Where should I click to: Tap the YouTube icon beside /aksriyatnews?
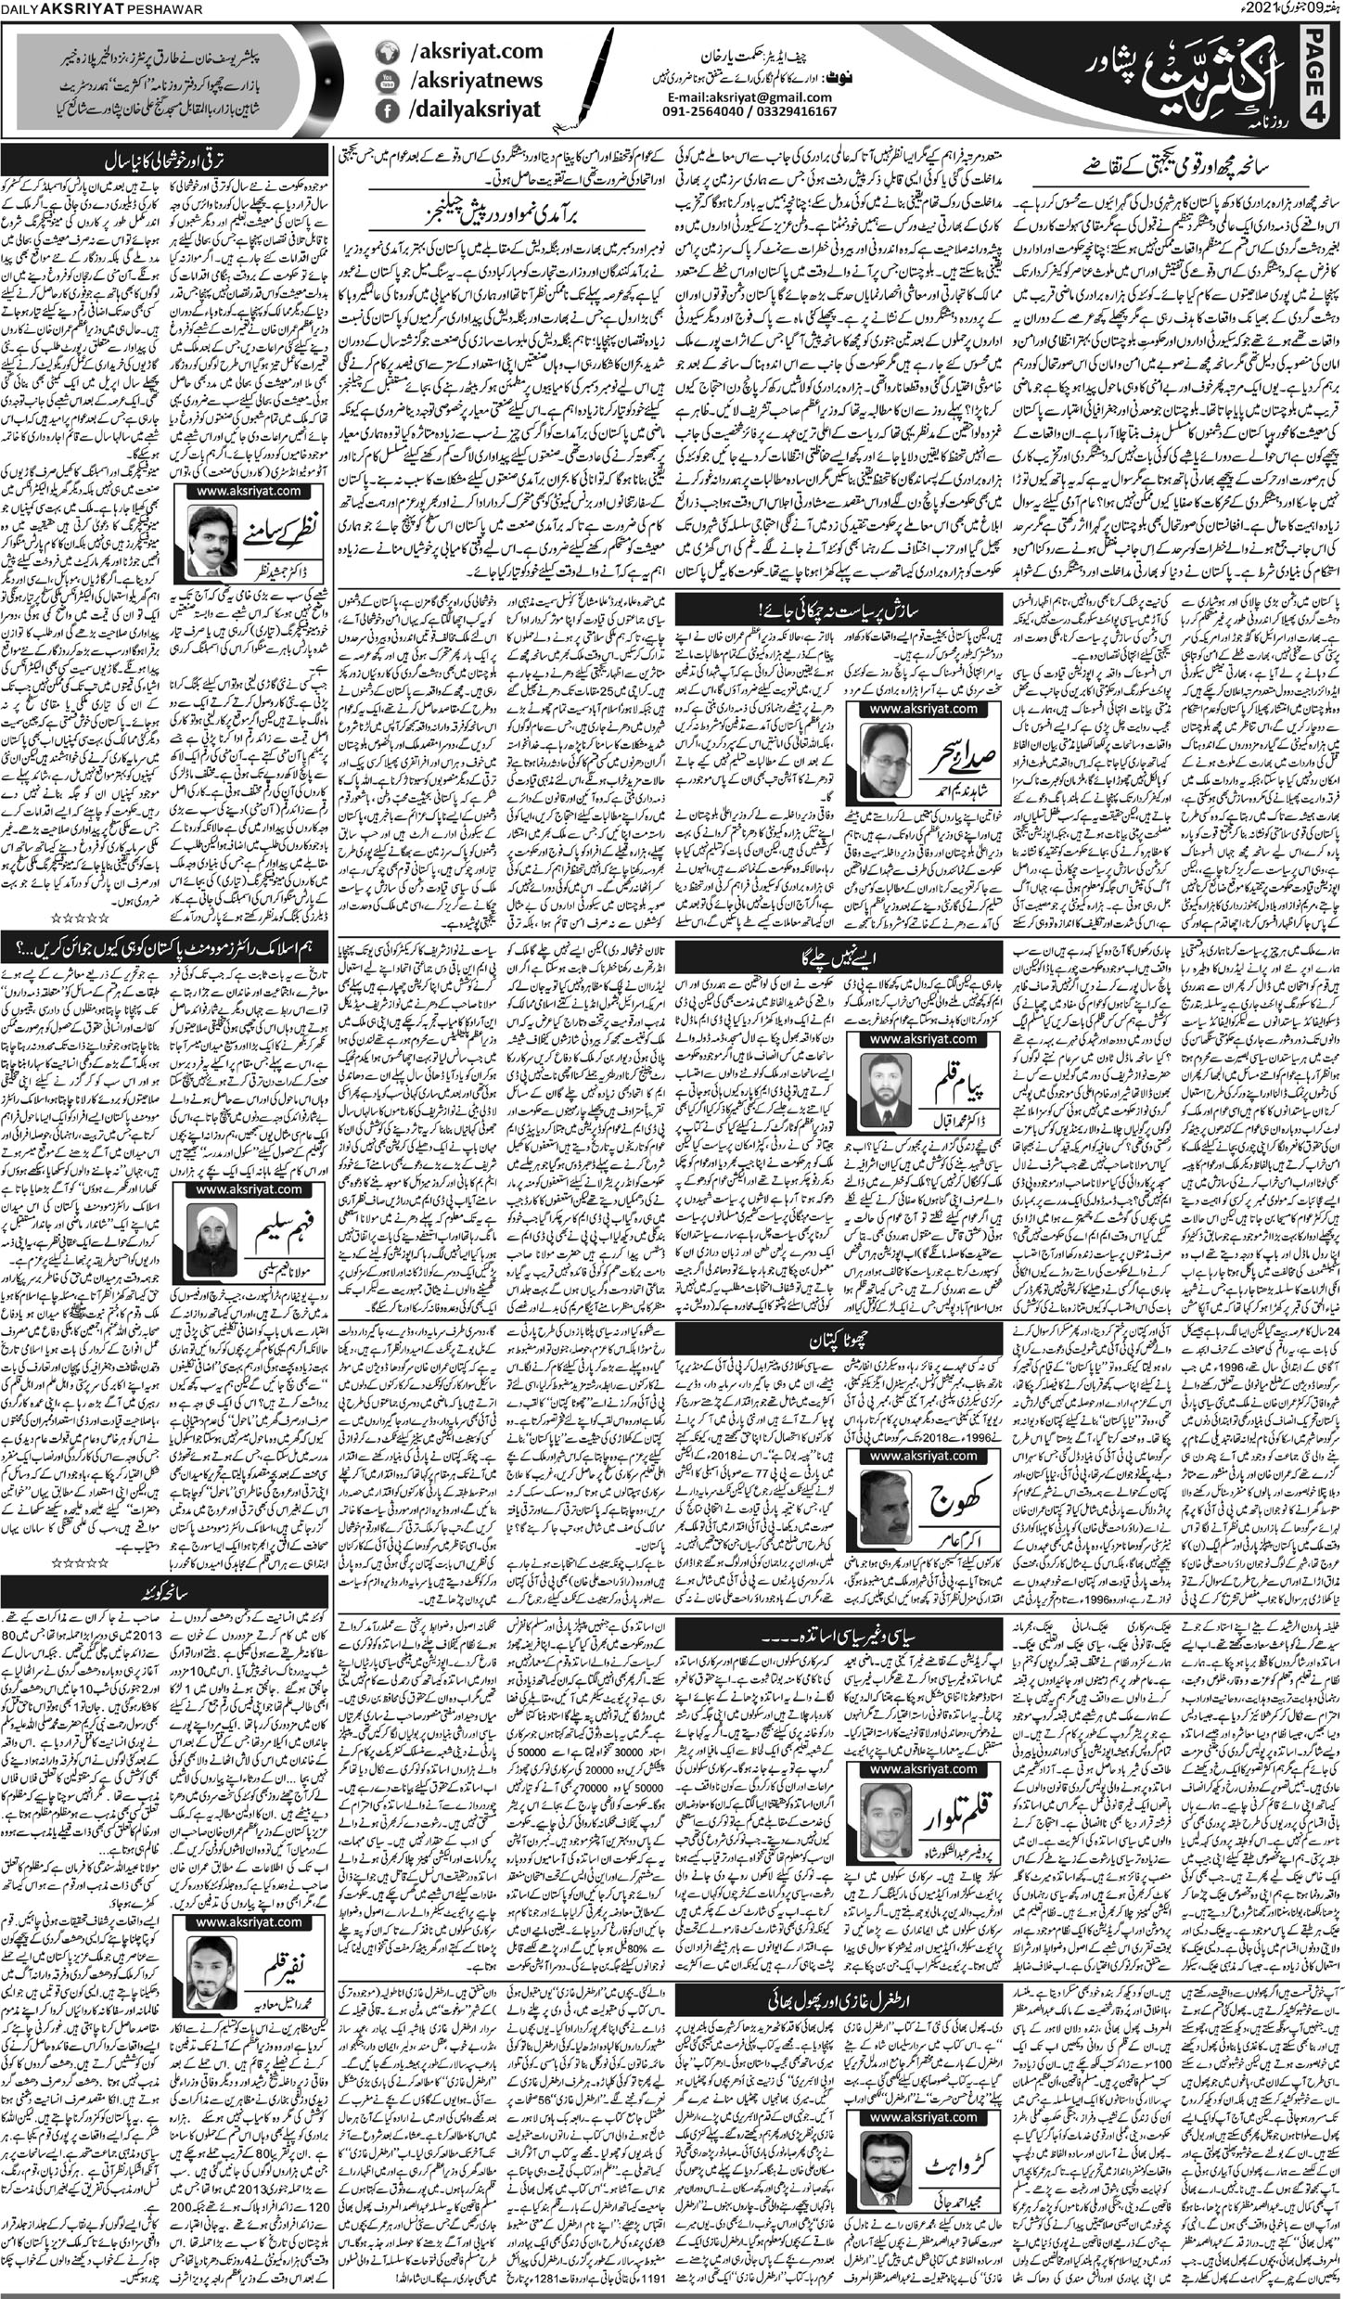click(x=385, y=82)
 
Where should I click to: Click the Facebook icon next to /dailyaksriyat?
click(x=385, y=110)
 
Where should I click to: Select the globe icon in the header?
click(x=385, y=53)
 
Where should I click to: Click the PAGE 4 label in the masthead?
click(x=1324, y=79)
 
